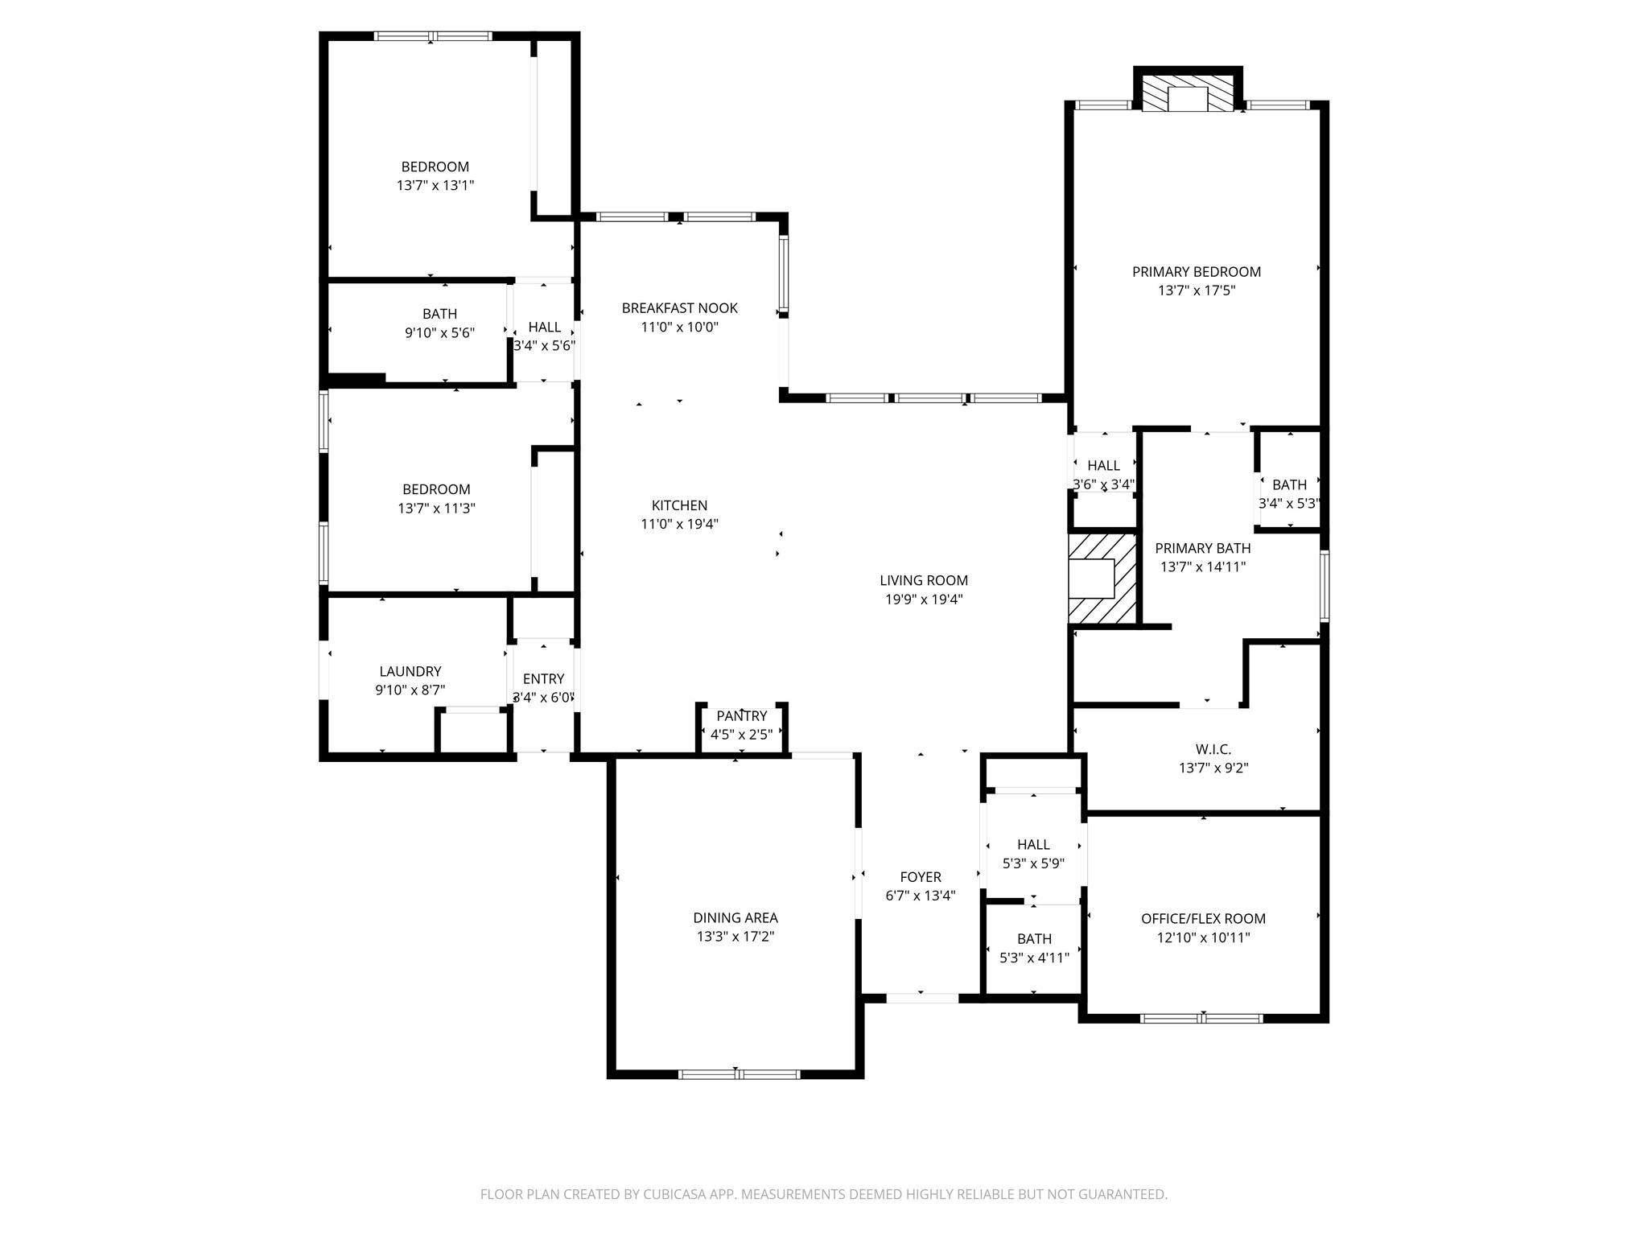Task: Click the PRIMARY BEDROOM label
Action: click(1196, 272)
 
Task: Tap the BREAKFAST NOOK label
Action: click(679, 308)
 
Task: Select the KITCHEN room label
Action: click(679, 505)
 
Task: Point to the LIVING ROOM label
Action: click(923, 580)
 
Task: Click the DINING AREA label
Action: click(735, 917)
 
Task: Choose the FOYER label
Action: click(921, 877)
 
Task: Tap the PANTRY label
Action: click(742, 716)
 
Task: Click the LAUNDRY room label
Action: click(410, 671)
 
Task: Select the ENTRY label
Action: click(543, 678)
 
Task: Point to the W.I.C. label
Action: click(1213, 749)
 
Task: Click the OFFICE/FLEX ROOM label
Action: click(1203, 918)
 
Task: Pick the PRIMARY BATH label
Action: click(1203, 548)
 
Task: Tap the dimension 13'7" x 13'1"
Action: click(435, 185)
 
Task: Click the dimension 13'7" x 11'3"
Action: click(436, 509)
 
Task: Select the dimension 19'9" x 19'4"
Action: click(923, 599)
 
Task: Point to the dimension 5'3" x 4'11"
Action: click(1034, 958)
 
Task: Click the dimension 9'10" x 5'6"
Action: click(439, 333)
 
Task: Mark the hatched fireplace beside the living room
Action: click(1102, 579)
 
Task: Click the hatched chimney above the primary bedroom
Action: click(1188, 93)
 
